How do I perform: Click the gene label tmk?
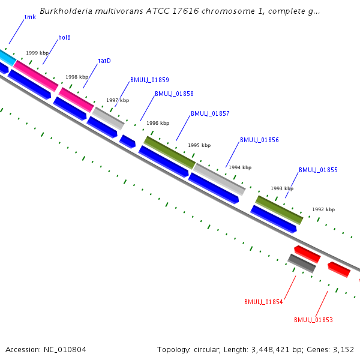click(30, 17)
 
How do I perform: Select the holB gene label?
click(64, 38)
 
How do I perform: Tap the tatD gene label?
click(104, 61)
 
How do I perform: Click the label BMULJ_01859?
click(149, 80)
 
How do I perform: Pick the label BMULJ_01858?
click(174, 94)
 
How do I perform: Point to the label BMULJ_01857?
click(210, 113)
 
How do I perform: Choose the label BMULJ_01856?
click(259, 140)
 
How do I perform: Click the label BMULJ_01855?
click(318, 170)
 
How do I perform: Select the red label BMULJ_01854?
click(263, 302)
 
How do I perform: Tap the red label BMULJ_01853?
click(313, 320)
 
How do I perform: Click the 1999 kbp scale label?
click(37, 53)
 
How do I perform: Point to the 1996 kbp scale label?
click(158, 123)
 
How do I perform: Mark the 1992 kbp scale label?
click(323, 209)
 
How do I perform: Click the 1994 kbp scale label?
click(240, 167)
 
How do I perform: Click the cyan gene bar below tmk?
click(6, 57)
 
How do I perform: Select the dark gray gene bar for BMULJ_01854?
click(302, 263)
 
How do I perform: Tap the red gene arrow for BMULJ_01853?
click(339, 269)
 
